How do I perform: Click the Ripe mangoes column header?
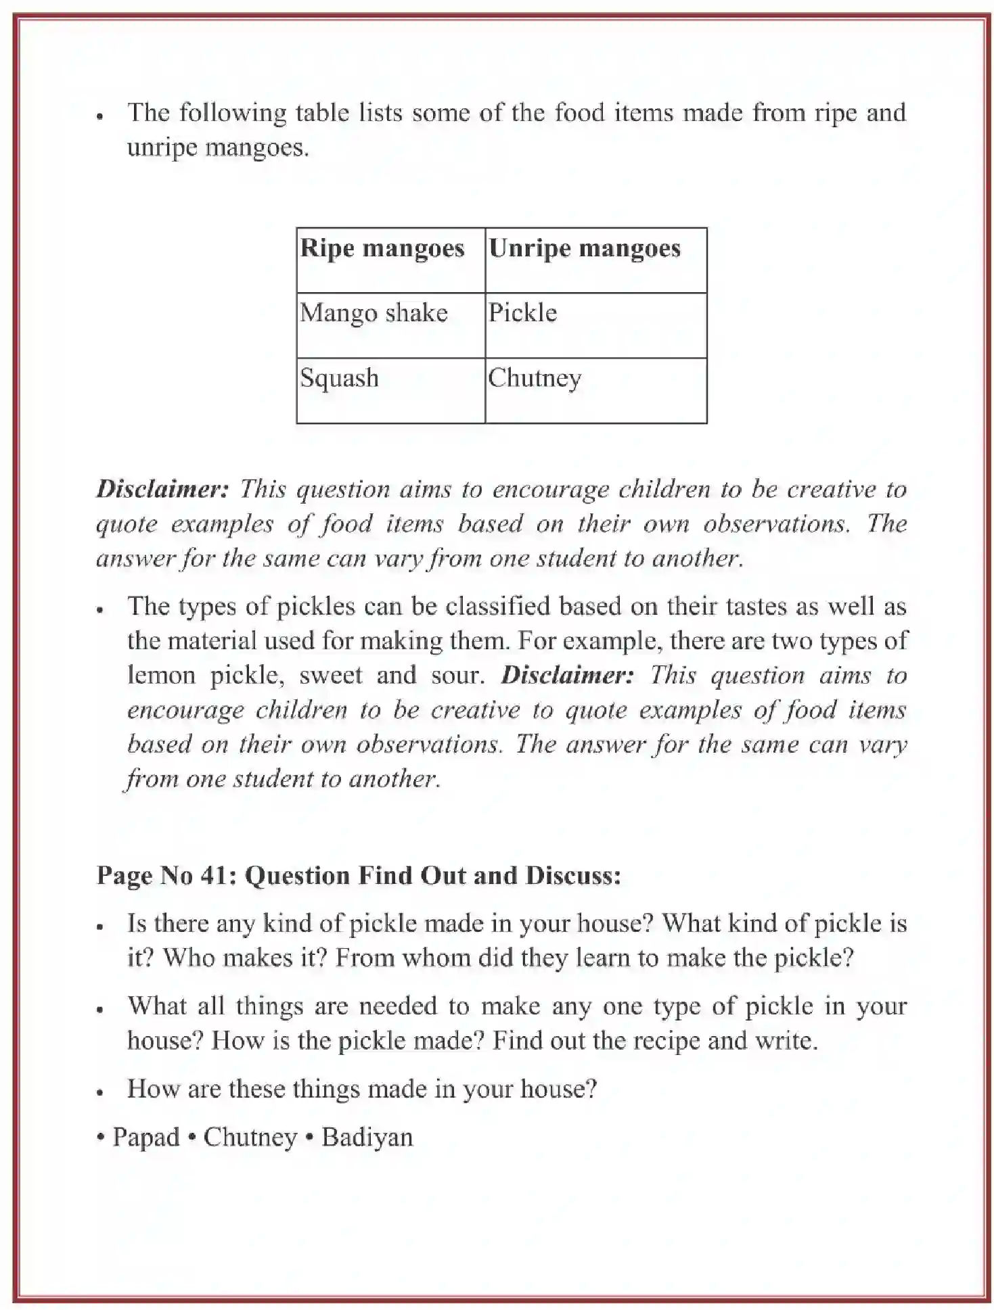(382, 249)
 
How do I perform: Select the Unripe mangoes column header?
(585, 249)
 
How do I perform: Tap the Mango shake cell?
(374, 313)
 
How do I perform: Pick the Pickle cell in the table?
(522, 313)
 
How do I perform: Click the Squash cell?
(339, 377)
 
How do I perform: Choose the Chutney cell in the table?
(535, 378)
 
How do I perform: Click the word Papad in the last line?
(146, 1137)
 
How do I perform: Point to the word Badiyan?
(367, 1137)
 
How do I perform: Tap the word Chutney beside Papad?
(250, 1137)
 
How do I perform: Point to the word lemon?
(161, 675)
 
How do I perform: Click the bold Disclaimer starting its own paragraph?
(163, 489)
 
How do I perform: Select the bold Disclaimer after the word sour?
(567, 675)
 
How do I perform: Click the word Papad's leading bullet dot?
(101, 1138)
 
